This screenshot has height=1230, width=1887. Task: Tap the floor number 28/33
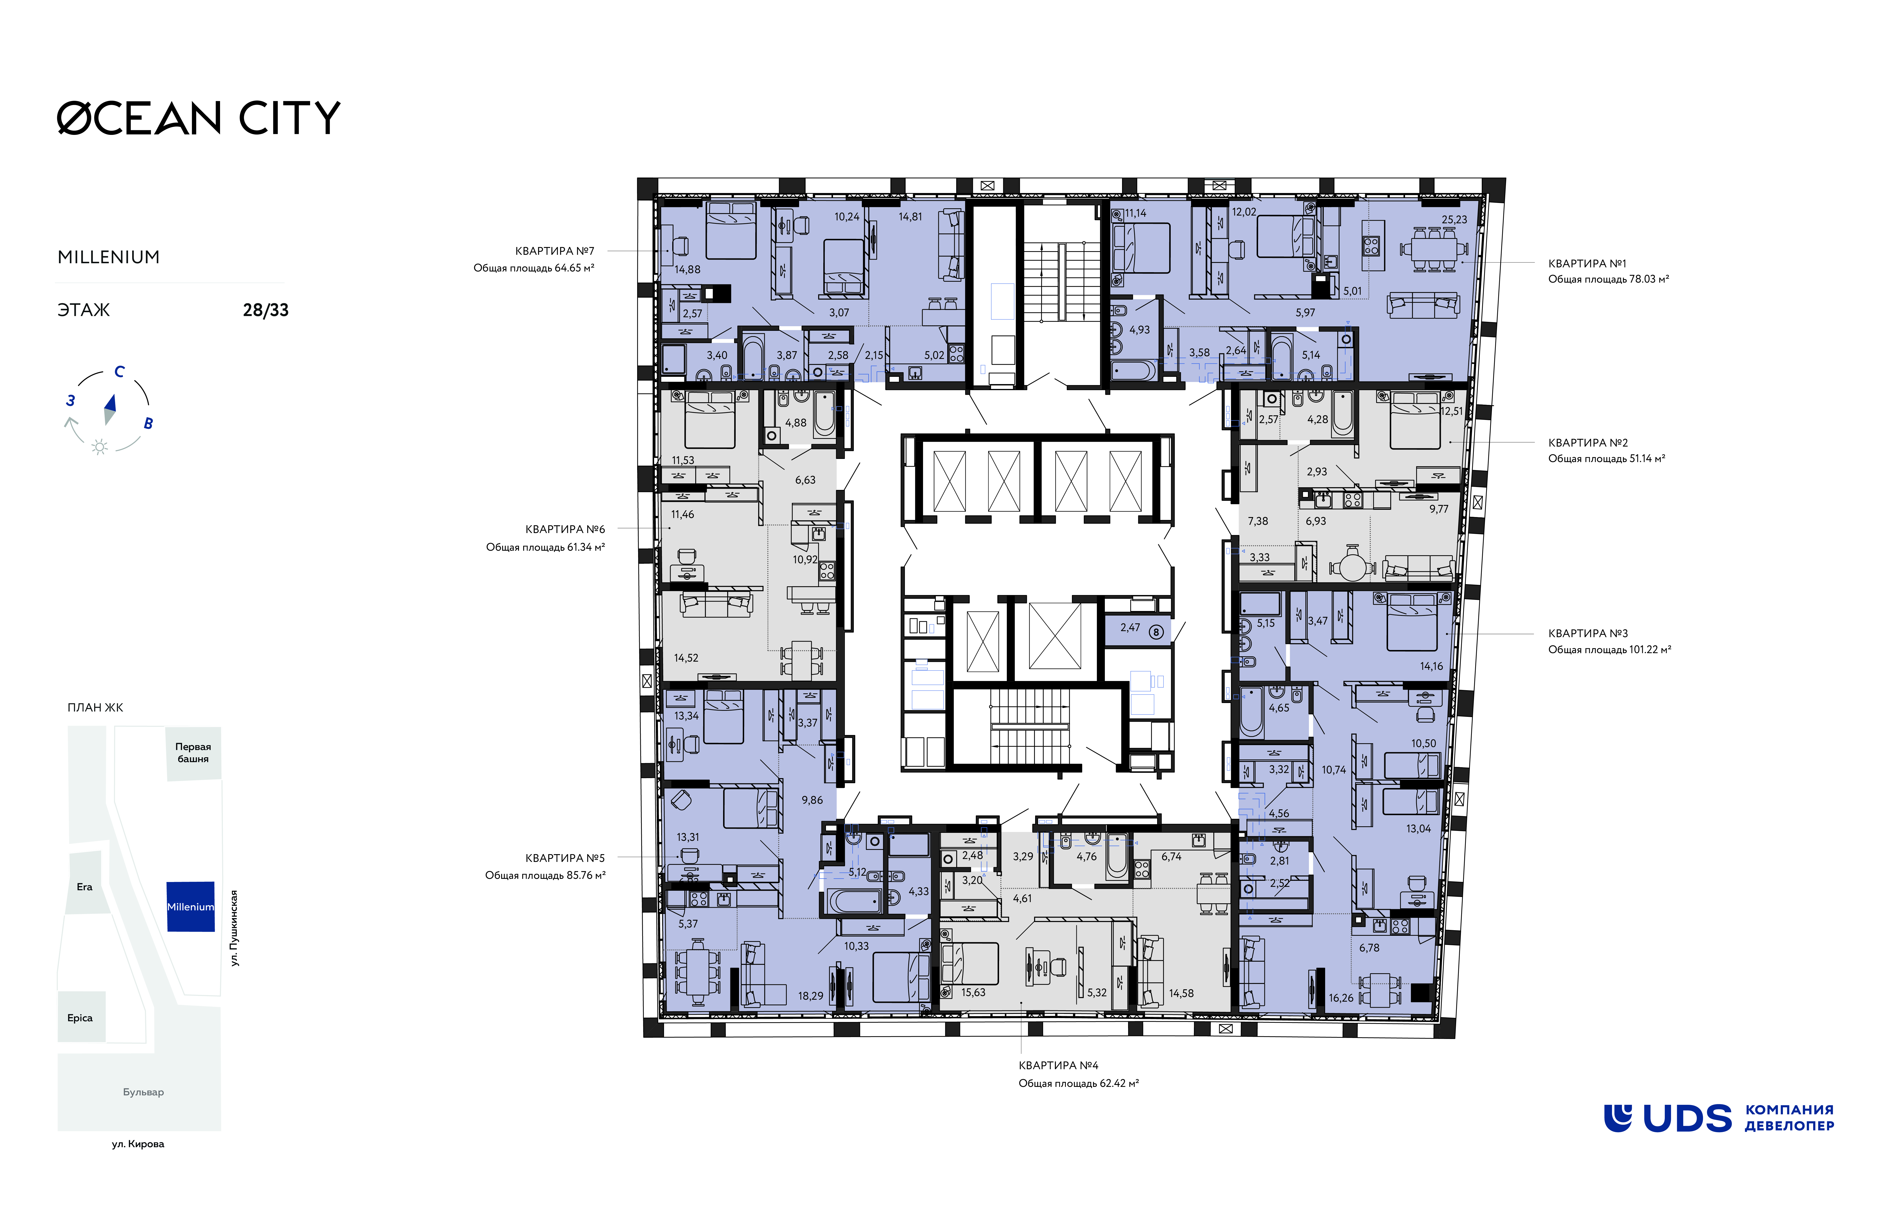pyautogui.click(x=266, y=310)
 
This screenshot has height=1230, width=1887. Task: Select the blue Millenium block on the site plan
pyautogui.click(x=190, y=906)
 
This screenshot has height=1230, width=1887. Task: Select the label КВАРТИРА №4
pyautogui.click(x=1058, y=1065)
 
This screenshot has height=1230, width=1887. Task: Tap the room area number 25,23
pyautogui.click(x=1454, y=220)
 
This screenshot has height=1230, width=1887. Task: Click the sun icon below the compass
pyautogui.click(x=100, y=447)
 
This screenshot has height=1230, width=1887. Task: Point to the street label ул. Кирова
pyautogui.click(x=138, y=1144)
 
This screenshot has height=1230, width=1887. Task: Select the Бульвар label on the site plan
pyautogui.click(x=144, y=1092)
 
